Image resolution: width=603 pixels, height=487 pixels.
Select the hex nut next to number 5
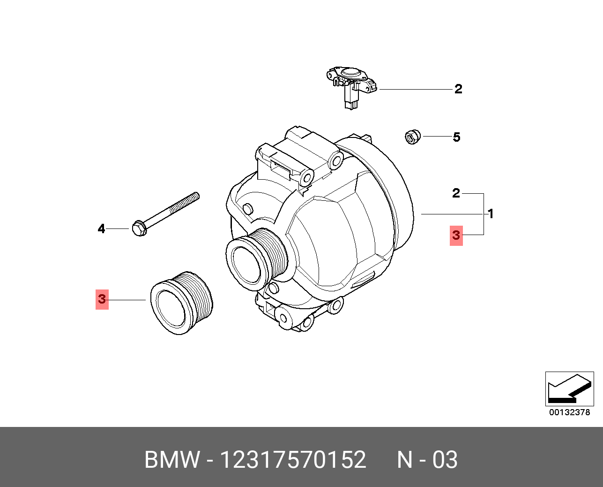tap(412, 137)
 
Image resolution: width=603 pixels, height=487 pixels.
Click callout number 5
tap(456, 137)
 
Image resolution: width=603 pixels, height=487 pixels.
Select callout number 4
tap(102, 229)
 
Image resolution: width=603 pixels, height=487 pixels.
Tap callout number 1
tap(490, 214)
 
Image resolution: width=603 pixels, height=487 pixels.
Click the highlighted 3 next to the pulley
tap(102, 299)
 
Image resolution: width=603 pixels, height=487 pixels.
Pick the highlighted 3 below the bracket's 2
tap(456, 235)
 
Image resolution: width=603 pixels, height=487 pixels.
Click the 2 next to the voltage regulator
tap(458, 89)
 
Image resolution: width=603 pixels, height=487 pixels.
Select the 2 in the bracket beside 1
tap(456, 193)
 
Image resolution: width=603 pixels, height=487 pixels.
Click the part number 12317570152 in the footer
tap(293, 460)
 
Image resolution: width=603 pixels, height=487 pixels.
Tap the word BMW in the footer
tap(172, 460)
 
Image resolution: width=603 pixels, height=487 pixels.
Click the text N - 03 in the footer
tap(427, 460)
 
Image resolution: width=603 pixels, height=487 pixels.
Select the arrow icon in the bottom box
tap(569, 389)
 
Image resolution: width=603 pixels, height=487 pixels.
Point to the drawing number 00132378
tap(569, 412)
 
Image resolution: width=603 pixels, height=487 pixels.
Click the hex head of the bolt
tap(139, 228)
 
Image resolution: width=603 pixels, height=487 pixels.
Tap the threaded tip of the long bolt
tap(193, 198)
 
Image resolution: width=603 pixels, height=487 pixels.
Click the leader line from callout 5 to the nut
tap(436, 137)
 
